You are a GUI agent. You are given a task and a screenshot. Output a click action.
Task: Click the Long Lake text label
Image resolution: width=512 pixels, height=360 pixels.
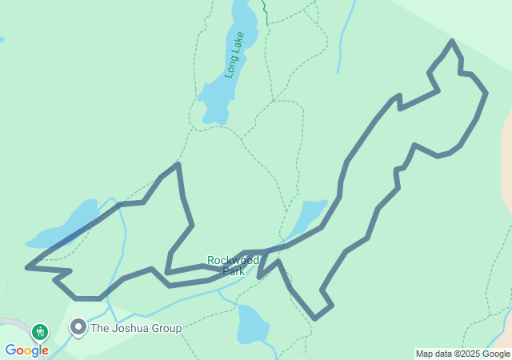(234, 54)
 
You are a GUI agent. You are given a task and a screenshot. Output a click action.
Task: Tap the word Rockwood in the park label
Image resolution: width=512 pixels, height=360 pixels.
(233, 260)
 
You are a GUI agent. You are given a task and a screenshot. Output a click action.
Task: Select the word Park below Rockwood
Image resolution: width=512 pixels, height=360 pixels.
(234, 271)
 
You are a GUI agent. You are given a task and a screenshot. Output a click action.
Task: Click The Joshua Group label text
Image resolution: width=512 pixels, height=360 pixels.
(136, 328)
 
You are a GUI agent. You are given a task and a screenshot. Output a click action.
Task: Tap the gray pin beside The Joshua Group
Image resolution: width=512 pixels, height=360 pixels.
(78, 327)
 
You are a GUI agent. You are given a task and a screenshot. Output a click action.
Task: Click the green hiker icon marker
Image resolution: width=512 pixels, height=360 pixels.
(39, 331)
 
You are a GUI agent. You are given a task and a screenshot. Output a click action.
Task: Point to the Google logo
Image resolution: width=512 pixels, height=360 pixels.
(26, 350)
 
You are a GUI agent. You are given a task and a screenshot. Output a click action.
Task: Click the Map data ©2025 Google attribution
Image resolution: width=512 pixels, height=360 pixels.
(462, 354)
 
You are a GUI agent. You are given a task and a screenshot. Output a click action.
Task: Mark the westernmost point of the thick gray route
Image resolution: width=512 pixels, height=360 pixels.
(27, 267)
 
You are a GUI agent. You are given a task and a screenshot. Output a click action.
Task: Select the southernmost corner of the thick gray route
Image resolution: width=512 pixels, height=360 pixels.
(315, 318)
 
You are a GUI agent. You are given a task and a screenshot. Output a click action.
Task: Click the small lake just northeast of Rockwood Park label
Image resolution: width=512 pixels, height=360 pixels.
(308, 217)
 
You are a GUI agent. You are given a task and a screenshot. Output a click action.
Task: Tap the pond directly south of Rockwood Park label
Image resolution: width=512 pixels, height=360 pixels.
(251, 322)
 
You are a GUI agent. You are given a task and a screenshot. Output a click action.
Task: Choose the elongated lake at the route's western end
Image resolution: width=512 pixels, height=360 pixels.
(64, 226)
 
